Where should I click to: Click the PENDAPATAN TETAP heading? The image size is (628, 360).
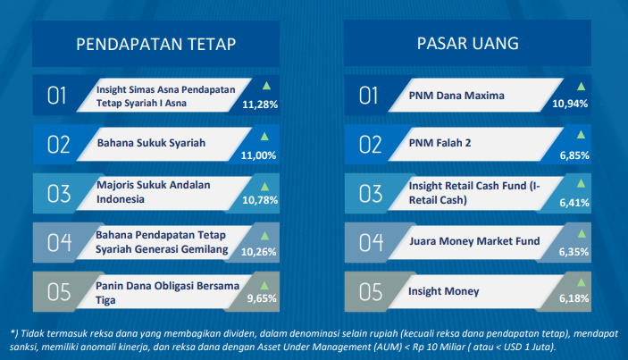[x=155, y=44]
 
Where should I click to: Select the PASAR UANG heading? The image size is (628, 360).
[x=468, y=43]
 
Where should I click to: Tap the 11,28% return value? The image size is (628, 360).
[x=260, y=105]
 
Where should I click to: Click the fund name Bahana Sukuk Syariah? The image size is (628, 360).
[x=151, y=143]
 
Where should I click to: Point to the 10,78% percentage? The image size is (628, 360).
[x=260, y=200]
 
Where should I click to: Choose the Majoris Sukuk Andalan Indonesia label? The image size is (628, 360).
[x=154, y=192]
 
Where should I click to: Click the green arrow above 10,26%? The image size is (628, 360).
[x=264, y=236]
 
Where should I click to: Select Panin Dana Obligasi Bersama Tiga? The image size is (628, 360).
[x=167, y=293]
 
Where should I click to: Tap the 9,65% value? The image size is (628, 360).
[x=262, y=298]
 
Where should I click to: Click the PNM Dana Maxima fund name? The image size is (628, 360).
[x=456, y=96]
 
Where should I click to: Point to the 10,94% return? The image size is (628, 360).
[x=570, y=104]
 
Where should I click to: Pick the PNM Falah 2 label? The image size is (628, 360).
[x=440, y=143]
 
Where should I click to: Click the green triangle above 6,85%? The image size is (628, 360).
[x=581, y=135]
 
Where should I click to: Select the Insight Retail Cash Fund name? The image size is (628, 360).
[x=474, y=193]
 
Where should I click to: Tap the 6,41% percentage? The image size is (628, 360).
[x=574, y=203]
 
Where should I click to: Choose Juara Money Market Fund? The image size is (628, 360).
[x=474, y=241]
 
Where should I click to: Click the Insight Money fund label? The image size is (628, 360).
[x=444, y=291]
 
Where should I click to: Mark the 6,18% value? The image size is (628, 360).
[x=574, y=298]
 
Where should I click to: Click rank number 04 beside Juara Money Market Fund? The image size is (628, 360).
[x=371, y=243]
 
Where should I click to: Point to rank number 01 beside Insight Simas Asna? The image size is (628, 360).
[x=56, y=96]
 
